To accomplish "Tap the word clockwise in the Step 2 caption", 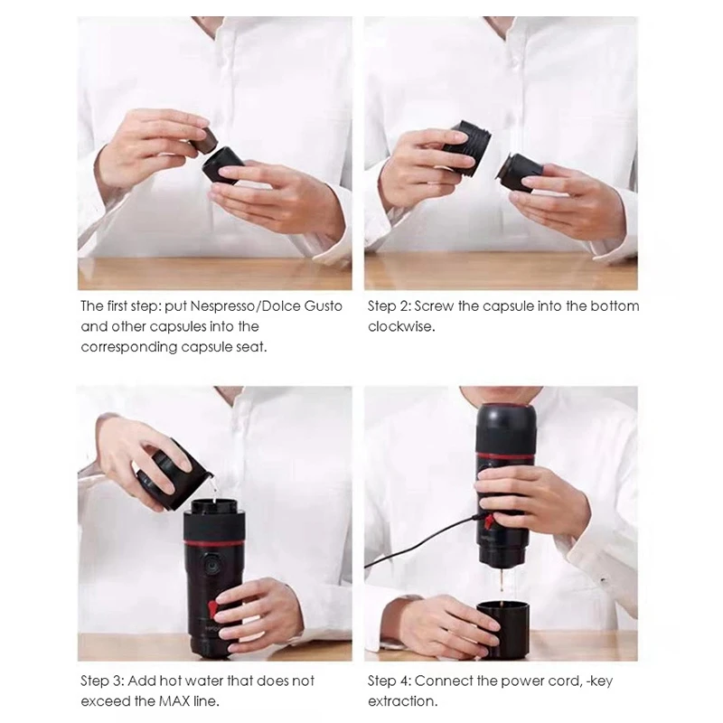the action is [x=400, y=326].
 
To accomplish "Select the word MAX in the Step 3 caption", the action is [x=174, y=701].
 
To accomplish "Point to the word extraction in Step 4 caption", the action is [x=401, y=701].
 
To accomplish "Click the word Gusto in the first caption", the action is [x=324, y=306].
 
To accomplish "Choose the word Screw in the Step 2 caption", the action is [x=437, y=306].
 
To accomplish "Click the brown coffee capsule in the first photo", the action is [x=202, y=141].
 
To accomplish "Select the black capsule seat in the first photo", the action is [x=223, y=165].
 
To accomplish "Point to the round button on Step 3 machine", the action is [x=211, y=566].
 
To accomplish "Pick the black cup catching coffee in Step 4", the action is [x=502, y=629].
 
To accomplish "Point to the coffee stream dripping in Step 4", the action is [x=500, y=583].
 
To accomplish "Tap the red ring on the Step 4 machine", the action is [x=506, y=456].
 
